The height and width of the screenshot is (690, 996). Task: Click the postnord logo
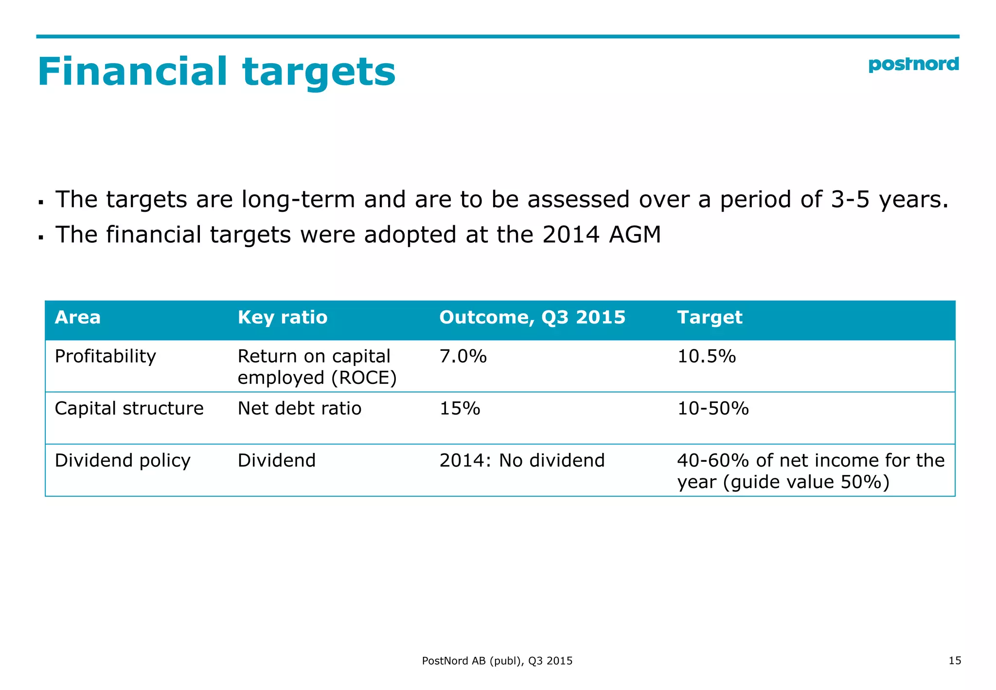pyautogui.click(x=913, y=65)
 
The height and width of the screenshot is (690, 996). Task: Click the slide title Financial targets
pyautogui.click(x=216, y=72)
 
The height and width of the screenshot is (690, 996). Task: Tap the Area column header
pyautogui.click(x=78, y=317)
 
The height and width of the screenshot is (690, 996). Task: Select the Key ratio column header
pyautogui.click(x=283, y=317)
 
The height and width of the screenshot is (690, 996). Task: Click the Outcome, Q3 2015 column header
pyautogui.click(x=532, y=317)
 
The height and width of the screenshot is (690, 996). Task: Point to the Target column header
pyautogui.click(x=710, y=317)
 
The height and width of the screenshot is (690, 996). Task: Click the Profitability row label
pyautogui.click(x=105, y=357)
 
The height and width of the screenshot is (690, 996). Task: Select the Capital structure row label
pyautogui.click(x=129, y=408)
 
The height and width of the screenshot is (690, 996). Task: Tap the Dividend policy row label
pyautogui.click(x=123, y=460)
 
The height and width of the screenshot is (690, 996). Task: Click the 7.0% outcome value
pyautogui.click(x=463, y=357)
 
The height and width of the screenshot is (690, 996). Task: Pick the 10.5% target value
pyautogui.click(x=707, y=357)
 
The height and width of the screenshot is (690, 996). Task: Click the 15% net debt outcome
pyautogui.click(x=460, y=408)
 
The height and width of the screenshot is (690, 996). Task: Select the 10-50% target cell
pyautogui.click(x=713, y=408)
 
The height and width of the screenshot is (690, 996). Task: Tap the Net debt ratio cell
pyautogui.click(x=300, y=408)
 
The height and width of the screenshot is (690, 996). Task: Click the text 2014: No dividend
pyautogui.click(x=522, y=460)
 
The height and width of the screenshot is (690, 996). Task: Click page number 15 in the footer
pyautogui.click(x=955, y=660)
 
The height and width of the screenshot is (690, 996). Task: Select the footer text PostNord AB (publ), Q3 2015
pyautogui.click(x=497, y=661)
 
